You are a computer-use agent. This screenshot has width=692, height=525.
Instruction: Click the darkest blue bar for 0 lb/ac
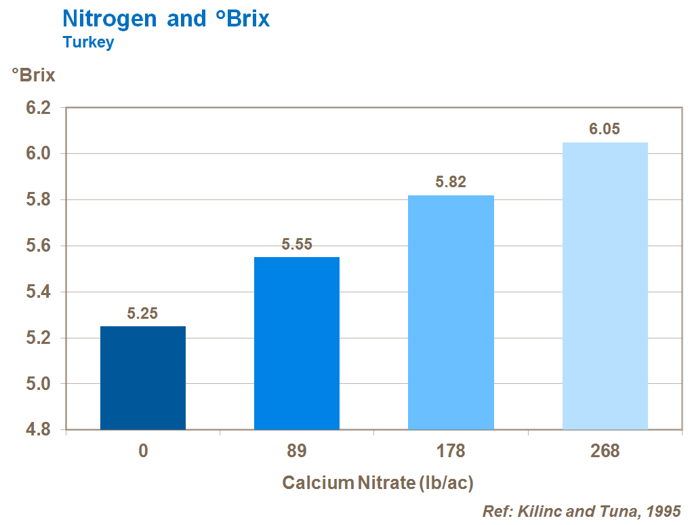click(143, 378)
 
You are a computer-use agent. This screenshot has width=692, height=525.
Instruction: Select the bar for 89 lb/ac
click(297, 343)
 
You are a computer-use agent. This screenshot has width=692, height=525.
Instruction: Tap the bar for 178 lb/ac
click(451, 312)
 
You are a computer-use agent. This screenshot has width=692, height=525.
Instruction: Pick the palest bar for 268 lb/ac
click(605, 286)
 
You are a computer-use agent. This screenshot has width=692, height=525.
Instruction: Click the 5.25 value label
click(142, 313)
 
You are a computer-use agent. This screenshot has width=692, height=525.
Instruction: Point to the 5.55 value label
click(297, 244)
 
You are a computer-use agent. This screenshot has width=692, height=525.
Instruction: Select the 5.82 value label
click(451, 182)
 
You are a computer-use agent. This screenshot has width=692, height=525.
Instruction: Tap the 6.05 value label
click(605, 130)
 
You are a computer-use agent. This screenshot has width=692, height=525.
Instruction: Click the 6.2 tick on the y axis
click(37, 108)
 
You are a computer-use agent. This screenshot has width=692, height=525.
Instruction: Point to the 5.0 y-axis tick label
click(37, 384)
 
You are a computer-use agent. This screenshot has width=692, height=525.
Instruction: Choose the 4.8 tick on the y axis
click(37, 430)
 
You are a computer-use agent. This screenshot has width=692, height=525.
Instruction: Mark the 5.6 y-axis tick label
click(37, 246)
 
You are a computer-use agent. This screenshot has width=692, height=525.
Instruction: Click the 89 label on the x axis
click(297, 451)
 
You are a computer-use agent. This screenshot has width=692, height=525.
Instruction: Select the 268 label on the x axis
click(605, 451)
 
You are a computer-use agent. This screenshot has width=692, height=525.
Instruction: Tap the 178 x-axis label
click(451, 451)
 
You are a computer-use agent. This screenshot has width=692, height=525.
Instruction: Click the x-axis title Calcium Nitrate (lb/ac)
click(378, 483)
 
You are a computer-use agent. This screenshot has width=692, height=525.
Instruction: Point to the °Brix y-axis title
click(33, 75)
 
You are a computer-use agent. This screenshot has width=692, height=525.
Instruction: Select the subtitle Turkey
click(88, 42)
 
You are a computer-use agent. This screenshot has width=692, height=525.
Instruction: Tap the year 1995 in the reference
click(662, 511)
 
